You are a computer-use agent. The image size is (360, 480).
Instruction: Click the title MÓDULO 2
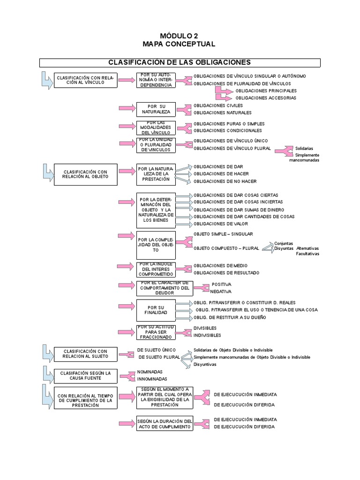point(180,36)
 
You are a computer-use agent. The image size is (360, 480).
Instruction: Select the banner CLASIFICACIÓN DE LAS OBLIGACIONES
point(180,62)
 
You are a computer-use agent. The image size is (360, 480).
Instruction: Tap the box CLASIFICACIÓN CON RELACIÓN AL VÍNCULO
point(85,80)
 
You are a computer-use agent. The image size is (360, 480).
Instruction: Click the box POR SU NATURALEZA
point(156,109)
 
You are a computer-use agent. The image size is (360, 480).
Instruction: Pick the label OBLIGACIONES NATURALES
point(222,112)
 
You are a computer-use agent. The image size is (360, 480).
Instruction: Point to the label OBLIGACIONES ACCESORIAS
point(265,98)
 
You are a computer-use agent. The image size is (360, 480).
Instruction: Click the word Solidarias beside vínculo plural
point(304,148)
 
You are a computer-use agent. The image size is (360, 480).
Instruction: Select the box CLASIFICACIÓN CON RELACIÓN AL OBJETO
point(85,174)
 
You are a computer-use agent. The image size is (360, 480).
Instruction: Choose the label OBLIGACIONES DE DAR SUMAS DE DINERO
point(239,210)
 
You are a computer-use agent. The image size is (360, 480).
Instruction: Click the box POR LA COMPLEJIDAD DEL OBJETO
point(156,244)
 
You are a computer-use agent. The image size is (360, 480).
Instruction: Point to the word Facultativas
point(307,254)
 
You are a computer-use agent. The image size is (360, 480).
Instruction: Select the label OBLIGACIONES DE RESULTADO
point(226,273)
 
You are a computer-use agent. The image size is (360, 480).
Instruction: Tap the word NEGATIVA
point(220,291)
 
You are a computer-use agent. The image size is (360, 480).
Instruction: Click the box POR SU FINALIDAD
point(156,310)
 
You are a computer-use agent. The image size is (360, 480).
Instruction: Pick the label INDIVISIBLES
point(207,335)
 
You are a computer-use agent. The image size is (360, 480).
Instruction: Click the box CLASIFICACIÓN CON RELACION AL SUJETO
point(85,353)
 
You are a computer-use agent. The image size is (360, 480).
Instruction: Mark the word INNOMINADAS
point(152,379)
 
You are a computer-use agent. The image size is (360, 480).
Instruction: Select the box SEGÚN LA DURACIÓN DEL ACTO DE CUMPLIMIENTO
point(165,424)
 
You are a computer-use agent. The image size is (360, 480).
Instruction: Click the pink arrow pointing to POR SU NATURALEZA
point(127,108)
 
